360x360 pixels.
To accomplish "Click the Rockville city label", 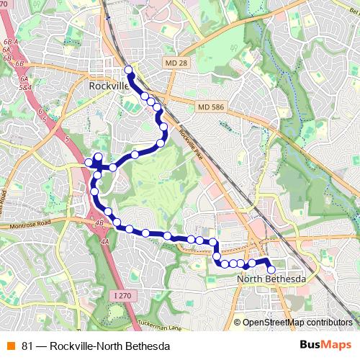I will click(107, 86).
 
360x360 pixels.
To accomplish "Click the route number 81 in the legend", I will click(27, 346).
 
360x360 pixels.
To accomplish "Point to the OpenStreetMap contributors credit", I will click(297, 323).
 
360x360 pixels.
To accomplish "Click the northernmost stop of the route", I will click(130, 70).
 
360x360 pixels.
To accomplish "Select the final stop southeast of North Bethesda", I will click(271, 270).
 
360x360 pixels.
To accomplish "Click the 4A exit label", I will click(105, 242).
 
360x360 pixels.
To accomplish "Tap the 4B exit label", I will click(99, 224).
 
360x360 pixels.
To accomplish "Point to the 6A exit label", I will click(23, 78).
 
